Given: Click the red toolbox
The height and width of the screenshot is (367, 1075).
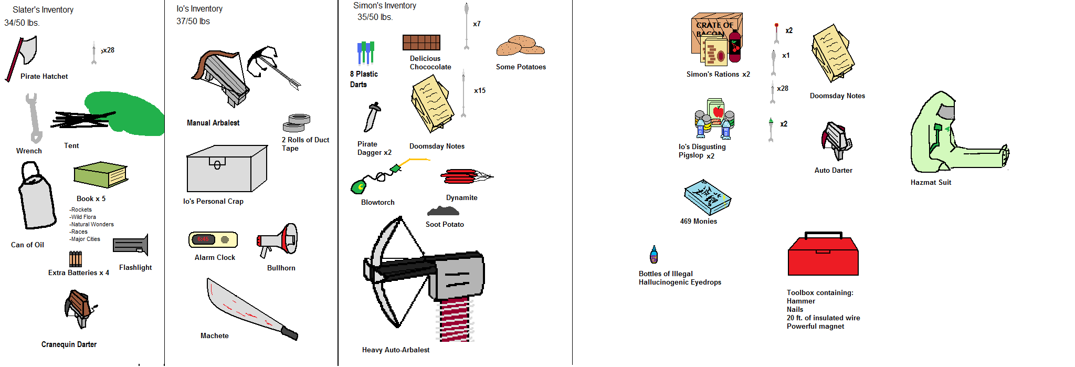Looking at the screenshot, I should point(823,255).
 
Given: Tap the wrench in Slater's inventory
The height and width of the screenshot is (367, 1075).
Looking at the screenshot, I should point(33,118).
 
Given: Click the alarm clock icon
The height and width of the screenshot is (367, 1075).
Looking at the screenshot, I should point(213,239).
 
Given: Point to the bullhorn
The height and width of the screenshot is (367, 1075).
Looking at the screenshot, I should point(278,241).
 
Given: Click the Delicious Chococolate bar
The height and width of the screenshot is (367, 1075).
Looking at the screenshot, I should point(421,42).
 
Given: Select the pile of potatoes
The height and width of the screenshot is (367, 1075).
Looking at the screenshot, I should point(520,46).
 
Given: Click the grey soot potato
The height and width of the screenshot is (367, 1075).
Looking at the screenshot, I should point(443,211).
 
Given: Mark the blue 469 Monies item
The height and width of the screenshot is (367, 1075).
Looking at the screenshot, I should point(707,197).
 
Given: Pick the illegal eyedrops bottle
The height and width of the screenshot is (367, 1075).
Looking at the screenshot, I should point(654,255).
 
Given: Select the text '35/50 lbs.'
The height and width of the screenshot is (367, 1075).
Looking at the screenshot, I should point(375,17).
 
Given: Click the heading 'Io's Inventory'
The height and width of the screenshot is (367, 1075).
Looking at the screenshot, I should point(199,9).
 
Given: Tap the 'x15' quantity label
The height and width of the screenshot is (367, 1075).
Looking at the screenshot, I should point(480,90).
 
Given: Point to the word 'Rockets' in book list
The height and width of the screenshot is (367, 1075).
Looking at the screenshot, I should point(81,209).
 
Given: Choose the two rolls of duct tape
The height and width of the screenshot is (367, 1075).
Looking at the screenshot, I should point(297,123).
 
